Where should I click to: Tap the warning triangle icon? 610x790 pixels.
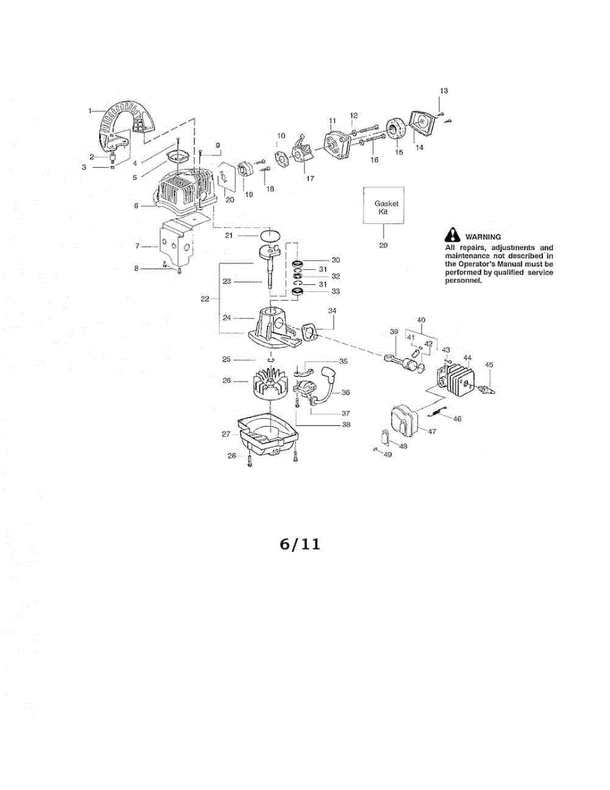[x=453, y=235]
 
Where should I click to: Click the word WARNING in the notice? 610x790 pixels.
[x=484, y=236]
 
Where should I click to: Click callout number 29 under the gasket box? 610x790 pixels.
[x=383, y=245]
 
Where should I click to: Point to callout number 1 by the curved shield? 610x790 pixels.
[x=91, y=111]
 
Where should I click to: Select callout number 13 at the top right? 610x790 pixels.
[x=444, y=90]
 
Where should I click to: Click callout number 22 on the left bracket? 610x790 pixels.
[x=205, y=298]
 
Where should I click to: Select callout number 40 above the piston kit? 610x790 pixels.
[x=421, y=320]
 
